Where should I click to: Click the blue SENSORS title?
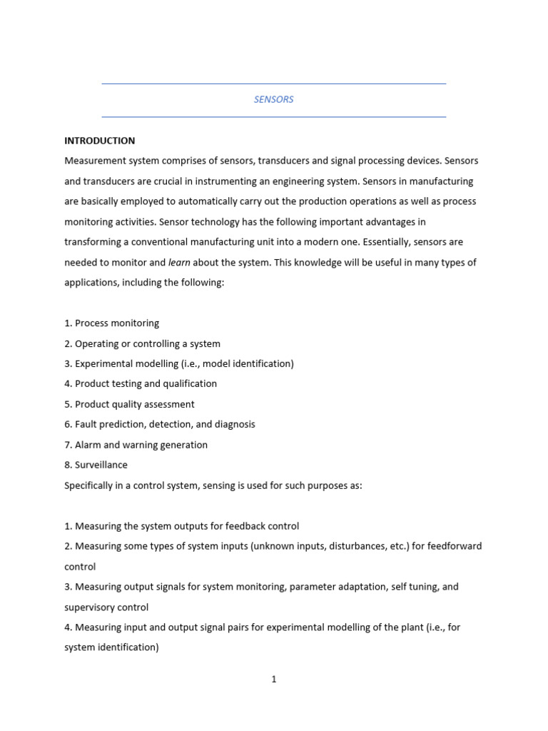(x=273, y=99)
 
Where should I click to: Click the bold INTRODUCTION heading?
(x=99, y=141)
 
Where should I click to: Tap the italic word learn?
(x=179, y=263)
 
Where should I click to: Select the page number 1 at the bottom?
(x=274, y=680)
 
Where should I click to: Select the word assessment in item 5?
(x=168, y=404)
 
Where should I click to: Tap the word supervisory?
(x=89, y=608)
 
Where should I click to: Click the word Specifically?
(x=91, y=485)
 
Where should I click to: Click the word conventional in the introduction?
(x=162, y=242)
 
